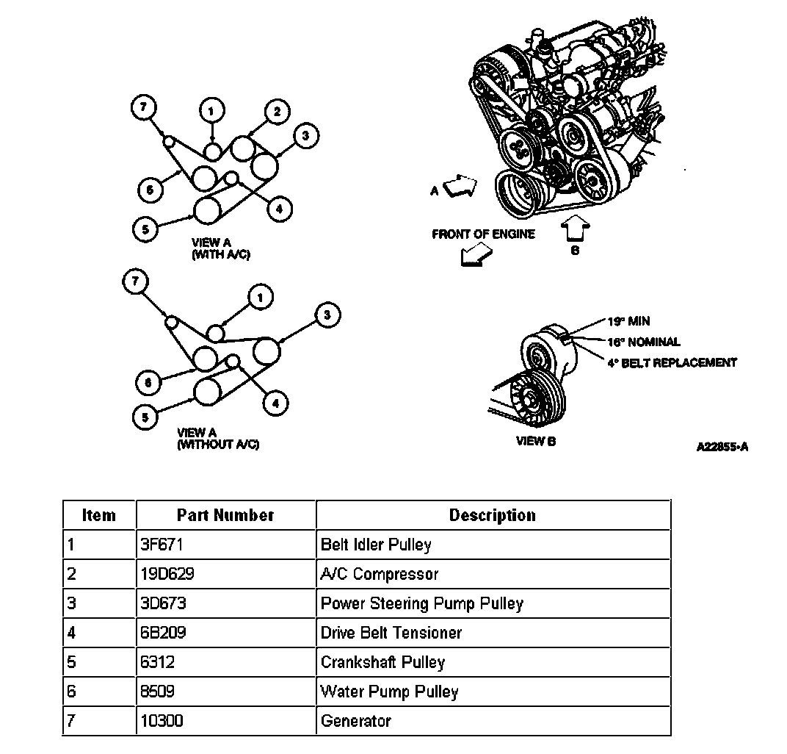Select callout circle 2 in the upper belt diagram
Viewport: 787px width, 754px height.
click(x=276, y=112)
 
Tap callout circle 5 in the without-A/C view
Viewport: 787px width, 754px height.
click(x=145, y=417)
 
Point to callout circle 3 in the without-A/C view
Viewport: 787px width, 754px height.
click(x=327, y=316)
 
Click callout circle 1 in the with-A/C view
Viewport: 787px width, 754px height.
click(x=211, y=111)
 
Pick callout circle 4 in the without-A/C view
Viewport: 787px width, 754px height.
click(x=276, y=403)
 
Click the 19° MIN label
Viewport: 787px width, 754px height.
click(x=628, y=321)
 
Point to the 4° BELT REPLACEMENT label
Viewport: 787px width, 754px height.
click(x=672, y=362)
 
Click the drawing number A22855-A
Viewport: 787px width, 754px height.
click(x=723, y=446)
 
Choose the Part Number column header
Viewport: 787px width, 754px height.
click(x=225, y=515)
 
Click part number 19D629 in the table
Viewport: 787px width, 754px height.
click(x=167, y=574)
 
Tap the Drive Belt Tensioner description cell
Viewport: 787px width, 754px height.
click(x=391, y=633)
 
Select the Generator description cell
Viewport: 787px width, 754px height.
click(x=355, y=721)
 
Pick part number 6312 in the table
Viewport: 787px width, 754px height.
click(x=157, y=662)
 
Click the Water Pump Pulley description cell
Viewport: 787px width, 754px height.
click(x=389, y=692)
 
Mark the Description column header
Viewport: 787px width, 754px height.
click(x=492, y=515)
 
